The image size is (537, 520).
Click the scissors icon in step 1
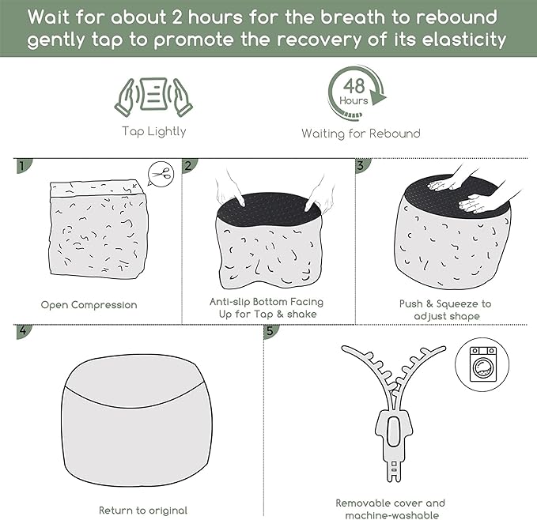[161, 174]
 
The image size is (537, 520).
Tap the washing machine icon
[483, 364]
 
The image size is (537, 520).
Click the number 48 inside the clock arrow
[354, 86]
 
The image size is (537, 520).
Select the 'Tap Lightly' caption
[154, 132]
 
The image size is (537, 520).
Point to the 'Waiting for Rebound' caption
[361, 134]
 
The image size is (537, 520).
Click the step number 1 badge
[23, 166]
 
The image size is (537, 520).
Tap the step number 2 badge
[189, 166]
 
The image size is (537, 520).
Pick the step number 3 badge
[361, 166]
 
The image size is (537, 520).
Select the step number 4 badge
[23, 331]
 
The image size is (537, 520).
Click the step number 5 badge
[270, 331]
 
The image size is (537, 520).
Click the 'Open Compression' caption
[89, 305]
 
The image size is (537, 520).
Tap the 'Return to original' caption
[143, 511]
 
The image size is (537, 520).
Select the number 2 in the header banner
[177, 17]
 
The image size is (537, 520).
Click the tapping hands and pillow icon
[153, 97]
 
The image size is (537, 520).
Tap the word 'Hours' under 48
[354, 100]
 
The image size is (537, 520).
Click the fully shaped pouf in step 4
[137, 420]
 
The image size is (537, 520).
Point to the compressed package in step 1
[99, 229]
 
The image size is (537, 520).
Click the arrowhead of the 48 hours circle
[379, 97]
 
